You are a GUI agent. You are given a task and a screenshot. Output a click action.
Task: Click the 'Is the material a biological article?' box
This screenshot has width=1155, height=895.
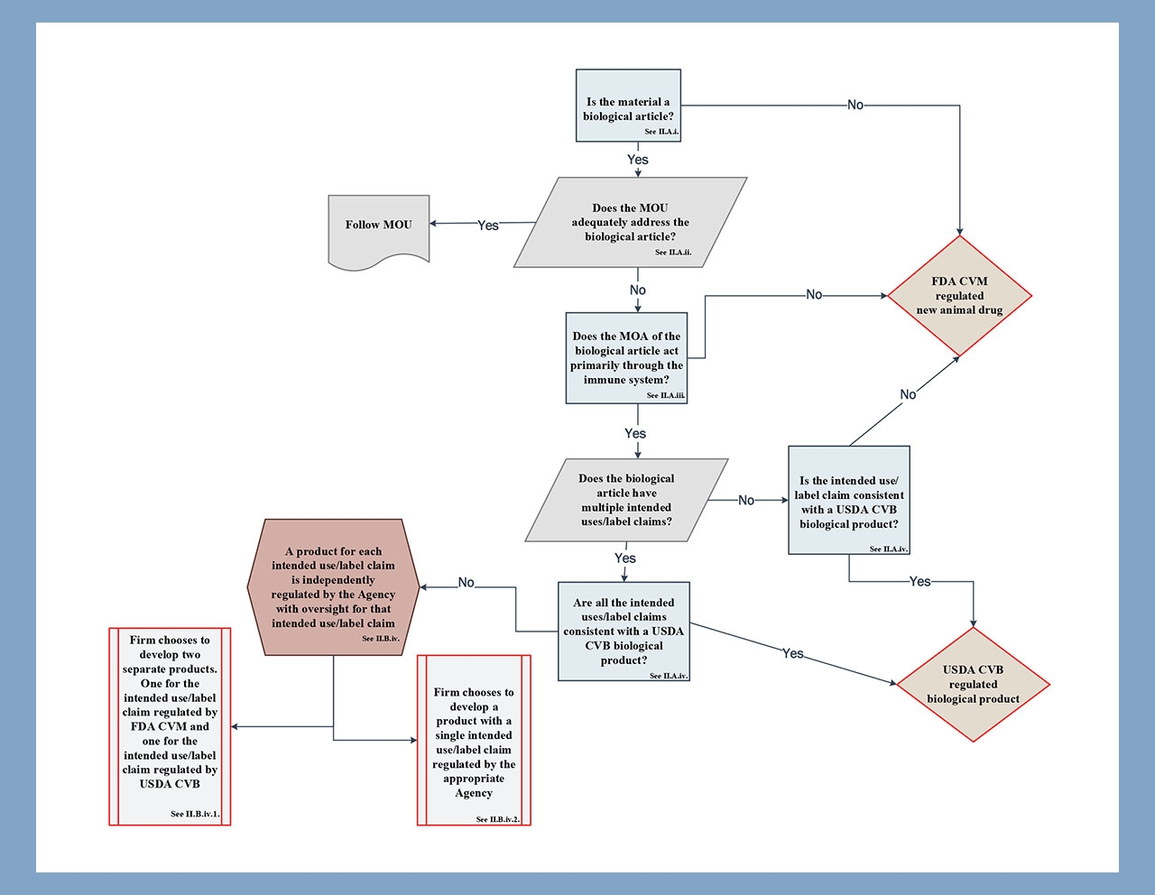point(628,106)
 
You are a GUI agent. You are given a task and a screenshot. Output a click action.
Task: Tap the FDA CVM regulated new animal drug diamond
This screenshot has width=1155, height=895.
point(959,296)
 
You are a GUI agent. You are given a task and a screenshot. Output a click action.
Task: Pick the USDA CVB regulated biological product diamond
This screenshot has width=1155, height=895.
point(973,685)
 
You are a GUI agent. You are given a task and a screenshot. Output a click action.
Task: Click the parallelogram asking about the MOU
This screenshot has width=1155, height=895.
point(630,223)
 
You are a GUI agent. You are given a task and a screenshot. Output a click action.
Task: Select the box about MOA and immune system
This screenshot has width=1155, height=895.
point(626,358)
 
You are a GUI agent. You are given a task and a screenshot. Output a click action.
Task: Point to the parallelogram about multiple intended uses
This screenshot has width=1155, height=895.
point(626,501)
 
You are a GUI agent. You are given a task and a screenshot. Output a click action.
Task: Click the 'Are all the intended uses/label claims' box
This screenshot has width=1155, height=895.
point(624,632)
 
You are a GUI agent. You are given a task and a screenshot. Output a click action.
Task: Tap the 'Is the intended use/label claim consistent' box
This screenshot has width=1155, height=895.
point(848,501)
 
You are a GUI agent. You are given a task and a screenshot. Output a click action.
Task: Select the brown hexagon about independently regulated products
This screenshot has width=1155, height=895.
point(333,587)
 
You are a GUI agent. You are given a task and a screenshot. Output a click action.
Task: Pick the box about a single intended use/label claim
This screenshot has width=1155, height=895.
point(474,740)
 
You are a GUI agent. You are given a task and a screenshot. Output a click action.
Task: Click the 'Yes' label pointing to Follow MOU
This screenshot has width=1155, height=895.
point(488,225)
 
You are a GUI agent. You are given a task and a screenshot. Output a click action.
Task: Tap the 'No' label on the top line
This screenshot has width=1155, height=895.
point(855,105)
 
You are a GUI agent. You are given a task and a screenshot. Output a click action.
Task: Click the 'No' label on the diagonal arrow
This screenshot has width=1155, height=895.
point(908,394)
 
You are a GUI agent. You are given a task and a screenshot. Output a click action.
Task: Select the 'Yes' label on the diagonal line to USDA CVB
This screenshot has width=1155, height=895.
point(792,653)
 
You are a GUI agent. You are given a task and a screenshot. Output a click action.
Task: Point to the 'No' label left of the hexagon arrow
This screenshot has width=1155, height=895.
point(466,583)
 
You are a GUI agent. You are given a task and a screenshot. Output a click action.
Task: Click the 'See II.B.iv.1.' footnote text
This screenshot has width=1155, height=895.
point(195,814)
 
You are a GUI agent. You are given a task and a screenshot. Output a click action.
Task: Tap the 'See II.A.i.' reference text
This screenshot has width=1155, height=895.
point(661,132)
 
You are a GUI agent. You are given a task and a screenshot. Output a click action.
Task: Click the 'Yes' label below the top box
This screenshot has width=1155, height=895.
point(637,160)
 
